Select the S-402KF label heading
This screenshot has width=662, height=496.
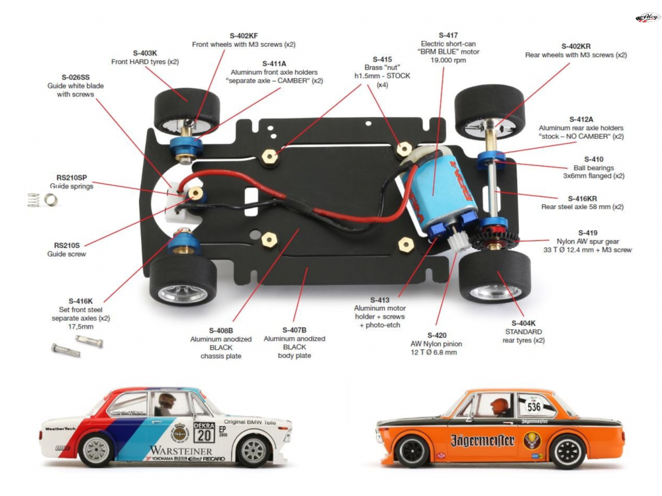(244, 35)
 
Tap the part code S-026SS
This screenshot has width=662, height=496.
(75, 77)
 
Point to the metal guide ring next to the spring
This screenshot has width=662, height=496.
(51, 198)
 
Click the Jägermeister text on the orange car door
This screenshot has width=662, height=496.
(483, 440)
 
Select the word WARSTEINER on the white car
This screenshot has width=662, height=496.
(171, 450)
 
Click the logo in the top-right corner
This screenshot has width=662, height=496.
(647, 17)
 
